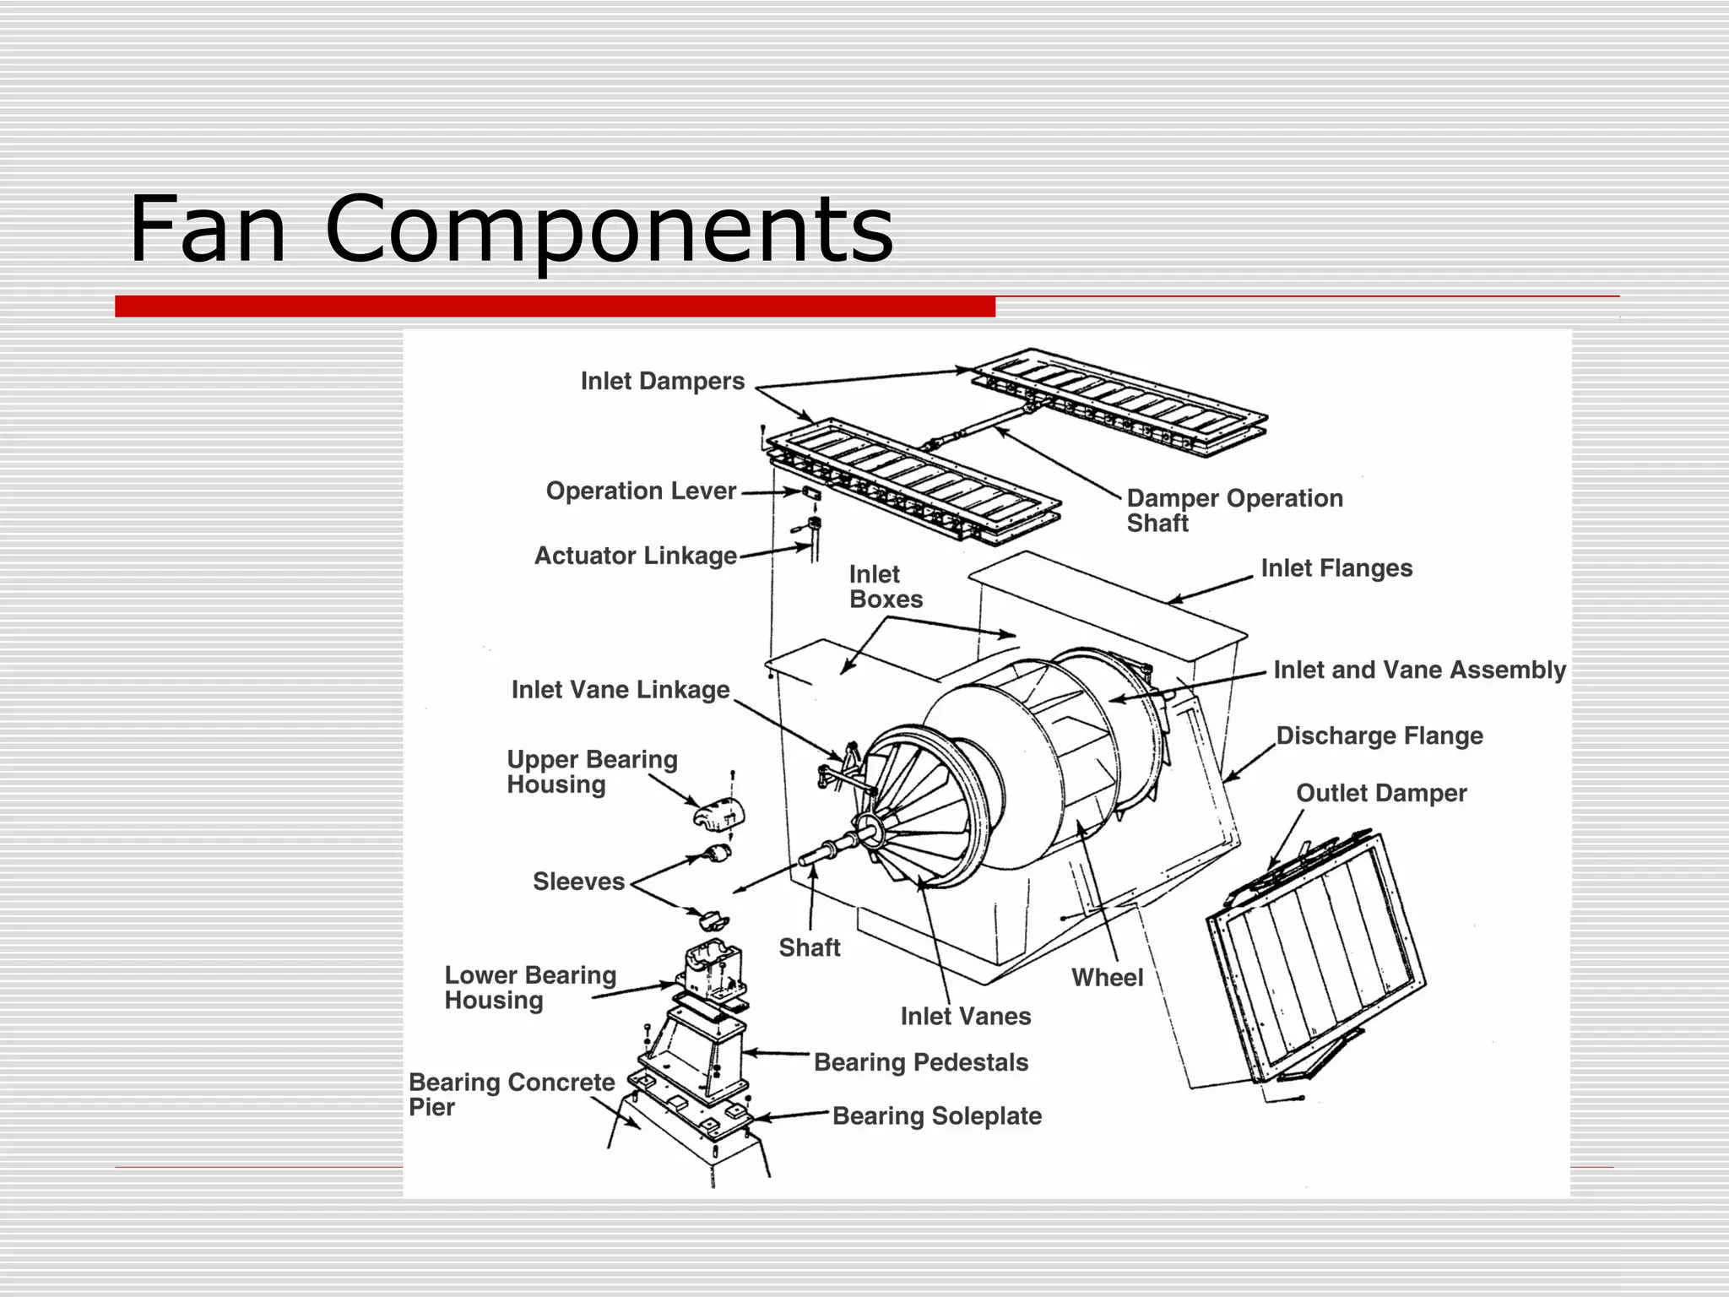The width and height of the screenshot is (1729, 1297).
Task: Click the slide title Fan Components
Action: click(x=510, y=230)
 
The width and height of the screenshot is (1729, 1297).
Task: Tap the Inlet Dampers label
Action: click(x=662, y=382)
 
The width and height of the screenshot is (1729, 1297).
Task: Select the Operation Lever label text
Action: click(x=641, y=491)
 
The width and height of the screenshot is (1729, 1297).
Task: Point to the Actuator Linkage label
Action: click(x=635, y=556)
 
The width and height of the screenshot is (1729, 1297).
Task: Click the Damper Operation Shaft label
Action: click(x=1233, y=510)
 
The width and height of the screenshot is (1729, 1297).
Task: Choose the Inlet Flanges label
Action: click(x=1336, y=569)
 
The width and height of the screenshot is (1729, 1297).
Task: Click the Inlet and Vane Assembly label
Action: click(x=1419, y=670)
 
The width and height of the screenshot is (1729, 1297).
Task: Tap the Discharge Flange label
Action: click(x=1379, y=736)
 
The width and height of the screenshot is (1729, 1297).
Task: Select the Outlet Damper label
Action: click(x=1381, y=794)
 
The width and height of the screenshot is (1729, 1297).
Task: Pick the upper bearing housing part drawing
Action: click(x=719, y=814)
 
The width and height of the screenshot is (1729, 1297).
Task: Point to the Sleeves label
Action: click(x=578, y=882)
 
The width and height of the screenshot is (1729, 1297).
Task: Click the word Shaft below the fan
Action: click(x=809, y=948)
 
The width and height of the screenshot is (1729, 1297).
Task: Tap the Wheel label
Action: click(x=1107, y=978)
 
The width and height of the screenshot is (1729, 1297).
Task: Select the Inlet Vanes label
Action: click(x=965, y=1017)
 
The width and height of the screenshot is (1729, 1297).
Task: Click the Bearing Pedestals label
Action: click(x=920, y=1063)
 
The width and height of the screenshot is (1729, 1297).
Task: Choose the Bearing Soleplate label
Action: click(x=936, y=1116)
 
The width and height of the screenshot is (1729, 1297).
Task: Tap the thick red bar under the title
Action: click(x=555, y=307)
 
